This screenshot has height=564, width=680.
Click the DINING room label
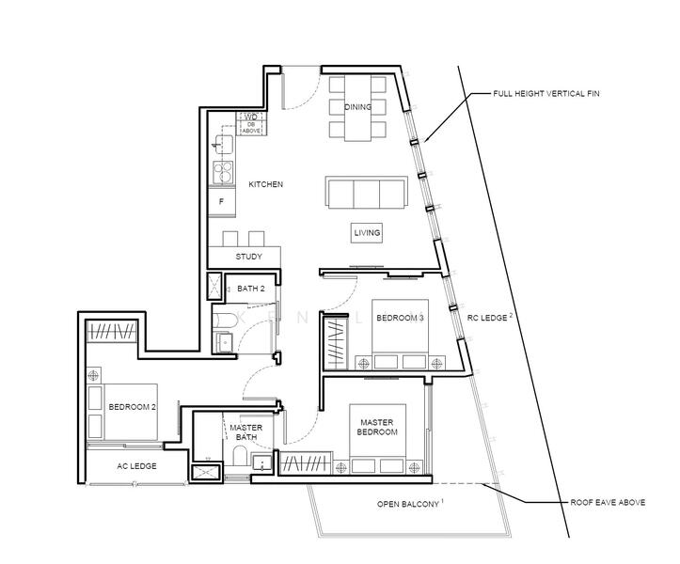click(357, 106)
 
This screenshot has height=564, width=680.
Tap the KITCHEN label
click(265, 184)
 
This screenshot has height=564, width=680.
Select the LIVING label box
click(367, 233)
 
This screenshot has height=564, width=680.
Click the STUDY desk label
click(248, 257)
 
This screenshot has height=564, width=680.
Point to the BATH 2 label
click(251, 289)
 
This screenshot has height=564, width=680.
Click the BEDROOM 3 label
click(400, 318)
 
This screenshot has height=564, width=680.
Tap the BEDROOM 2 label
click(133, 407)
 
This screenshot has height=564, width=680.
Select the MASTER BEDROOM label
click(377, 427)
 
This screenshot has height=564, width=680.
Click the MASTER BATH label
click(246, 432)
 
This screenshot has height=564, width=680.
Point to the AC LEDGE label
click(136, 466)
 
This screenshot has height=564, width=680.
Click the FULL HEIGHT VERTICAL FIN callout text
click(546, 94)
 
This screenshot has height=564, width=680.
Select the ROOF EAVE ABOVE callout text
click(608, 503)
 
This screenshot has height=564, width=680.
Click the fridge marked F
click(222, 201)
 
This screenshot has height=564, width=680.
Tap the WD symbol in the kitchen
click(251, 117)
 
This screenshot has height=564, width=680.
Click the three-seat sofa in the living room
click(367, 193)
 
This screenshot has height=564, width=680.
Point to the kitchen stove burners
click(223, 172)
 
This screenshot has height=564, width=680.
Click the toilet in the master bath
click(240, 456)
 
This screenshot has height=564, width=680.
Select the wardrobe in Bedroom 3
click(337, 344)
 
